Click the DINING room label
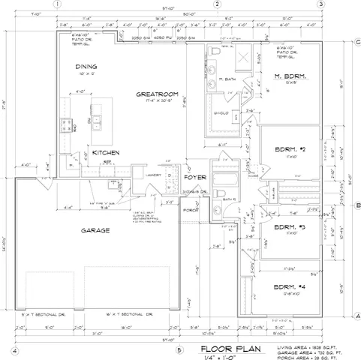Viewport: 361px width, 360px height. pos(86,67)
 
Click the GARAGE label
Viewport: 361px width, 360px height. pos(96,230)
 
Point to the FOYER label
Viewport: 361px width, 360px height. pos(195,178)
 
